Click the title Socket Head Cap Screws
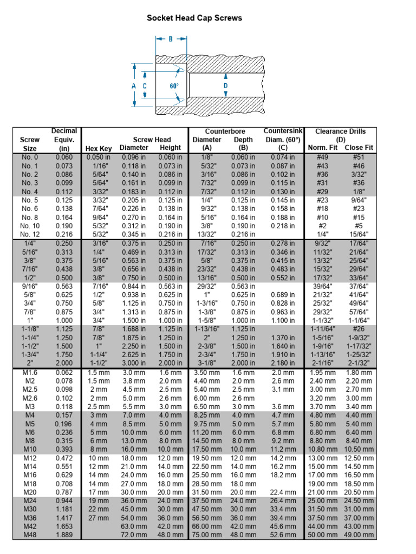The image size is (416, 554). [194, 18]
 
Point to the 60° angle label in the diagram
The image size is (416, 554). [174, 86]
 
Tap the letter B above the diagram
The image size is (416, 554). [171, 39]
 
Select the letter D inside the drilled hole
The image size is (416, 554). [225, 85]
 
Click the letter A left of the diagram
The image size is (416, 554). [133, 86]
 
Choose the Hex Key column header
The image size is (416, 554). [99, 148]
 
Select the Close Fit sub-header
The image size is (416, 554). [359, 148]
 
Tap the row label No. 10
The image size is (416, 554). [30, 225]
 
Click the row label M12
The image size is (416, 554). [30, 458]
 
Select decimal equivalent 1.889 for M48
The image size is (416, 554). [64, 535]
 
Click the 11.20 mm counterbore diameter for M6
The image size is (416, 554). [207, 432]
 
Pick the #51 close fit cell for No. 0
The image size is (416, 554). [359, 157]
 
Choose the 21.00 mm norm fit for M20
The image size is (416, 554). [323, 492]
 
